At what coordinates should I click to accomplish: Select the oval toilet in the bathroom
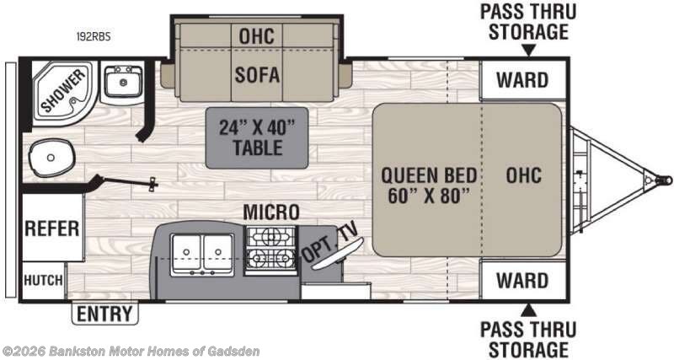tap(51, 158)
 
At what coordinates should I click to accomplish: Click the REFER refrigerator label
tap(51, 228)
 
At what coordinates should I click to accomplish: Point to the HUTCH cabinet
tap(43, 281)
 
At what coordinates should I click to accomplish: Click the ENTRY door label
tap(104, 314)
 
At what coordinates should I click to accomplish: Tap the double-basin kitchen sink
tap(202, 255)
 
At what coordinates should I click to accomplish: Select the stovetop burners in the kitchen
tap(270, 250)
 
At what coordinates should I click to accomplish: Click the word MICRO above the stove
tap(270, 212)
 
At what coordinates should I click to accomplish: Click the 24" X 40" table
tap(257, 137)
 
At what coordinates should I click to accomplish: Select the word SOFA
tap(257, 75)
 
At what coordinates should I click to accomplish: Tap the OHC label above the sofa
tap(257, 35)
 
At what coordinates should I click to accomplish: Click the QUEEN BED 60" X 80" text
tap(429, 185)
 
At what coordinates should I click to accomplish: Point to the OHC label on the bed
tap(523, 175)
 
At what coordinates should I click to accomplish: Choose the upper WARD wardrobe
tap(522, 80)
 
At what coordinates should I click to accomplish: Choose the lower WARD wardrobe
tap(522, 281)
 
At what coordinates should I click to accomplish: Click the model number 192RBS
tap(94, 36)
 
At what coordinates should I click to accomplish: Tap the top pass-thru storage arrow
tap(529, 51)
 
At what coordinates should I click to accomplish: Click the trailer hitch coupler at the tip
tap(665, 180)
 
